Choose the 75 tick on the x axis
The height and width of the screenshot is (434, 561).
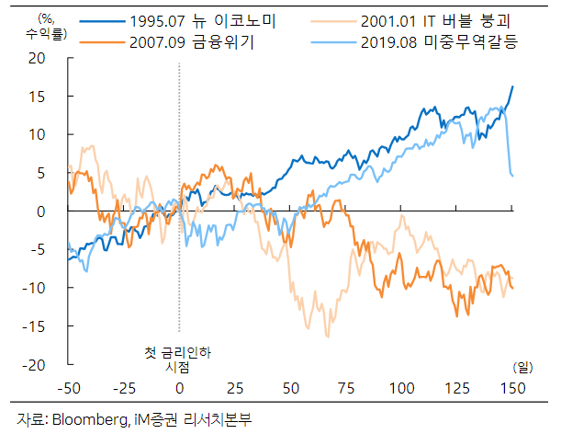(345, 387)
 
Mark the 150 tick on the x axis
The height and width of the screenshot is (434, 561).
(511, 387)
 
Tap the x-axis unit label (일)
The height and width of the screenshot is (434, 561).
(522, 367)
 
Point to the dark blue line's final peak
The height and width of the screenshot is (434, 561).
(512, 86)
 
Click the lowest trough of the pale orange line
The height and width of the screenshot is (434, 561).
(327, 337)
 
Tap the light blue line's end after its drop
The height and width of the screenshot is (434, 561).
(512, 176)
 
